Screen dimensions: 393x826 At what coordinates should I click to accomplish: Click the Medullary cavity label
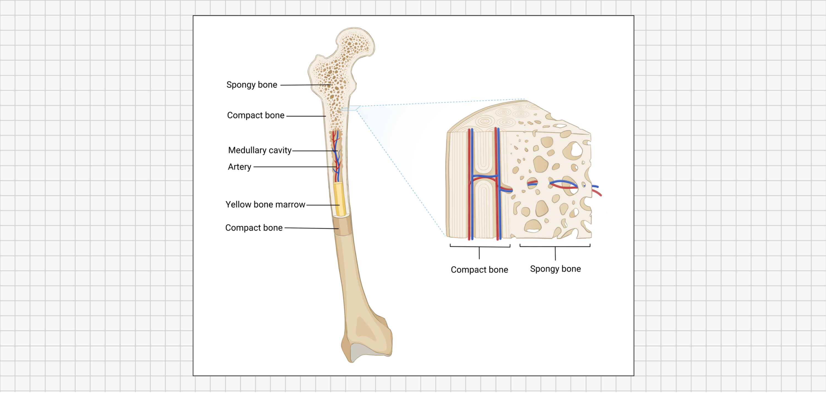pyautogui.click(x=259, y=150)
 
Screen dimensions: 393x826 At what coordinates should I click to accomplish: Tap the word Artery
pyautogui.click(x=239, y=167)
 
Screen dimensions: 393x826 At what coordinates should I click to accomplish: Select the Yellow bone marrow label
pyautogui.click(x=265, y=204)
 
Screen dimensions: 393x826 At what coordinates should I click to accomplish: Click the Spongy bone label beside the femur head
pyautogui.click(x=252, y=85)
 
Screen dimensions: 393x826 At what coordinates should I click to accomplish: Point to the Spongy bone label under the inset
pyautogui.click(x=555, y=269)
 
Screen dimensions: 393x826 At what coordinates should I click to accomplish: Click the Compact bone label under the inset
pyautogui.click(x=479, y=270)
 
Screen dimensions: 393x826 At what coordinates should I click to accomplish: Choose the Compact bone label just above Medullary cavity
pyautogui.click(x=256, y=115)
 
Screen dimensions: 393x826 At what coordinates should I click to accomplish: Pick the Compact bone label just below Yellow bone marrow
pyautogui.click(x=254, y=228)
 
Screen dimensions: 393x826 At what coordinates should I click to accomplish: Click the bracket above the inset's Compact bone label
pyautogui.click(x=480, y=247)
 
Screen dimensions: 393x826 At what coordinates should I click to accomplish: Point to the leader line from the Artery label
pyautogui.click(x=294, y=167)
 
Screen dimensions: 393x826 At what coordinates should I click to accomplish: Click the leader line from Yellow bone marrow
pyautogui.click(x=322, y=205)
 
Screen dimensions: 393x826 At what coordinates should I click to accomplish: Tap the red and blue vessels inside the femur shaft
pyautogui.click(x=336, y=154)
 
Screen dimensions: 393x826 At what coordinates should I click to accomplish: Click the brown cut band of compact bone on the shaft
pyautogui.click(x=342, y=226)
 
